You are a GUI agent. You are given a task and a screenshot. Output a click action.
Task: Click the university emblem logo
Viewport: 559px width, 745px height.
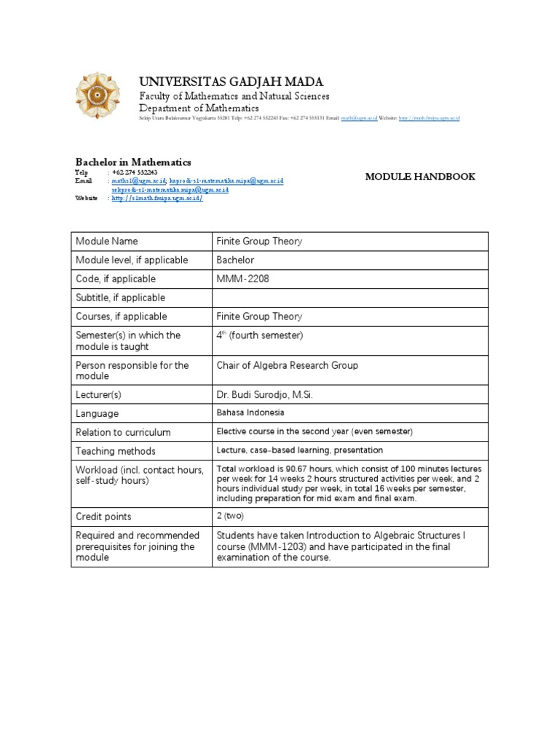click(100, 97)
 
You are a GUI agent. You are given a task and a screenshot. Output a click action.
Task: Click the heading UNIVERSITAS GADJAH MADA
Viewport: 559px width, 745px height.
click(231, 81)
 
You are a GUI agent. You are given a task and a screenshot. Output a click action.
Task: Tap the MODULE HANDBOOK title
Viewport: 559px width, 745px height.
click(420, 177)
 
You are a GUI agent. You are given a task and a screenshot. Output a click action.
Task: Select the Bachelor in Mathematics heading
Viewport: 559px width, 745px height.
click(133, 162)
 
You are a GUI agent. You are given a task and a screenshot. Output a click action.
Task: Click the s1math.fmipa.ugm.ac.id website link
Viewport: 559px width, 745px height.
click(156, 199)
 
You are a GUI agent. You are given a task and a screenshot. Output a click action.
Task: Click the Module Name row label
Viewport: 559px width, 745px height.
click(106, 242)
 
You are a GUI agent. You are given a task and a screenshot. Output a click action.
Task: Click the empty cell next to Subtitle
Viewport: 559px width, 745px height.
click(349, 298)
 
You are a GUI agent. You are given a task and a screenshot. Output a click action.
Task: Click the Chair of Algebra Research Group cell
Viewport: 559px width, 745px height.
click(287, 365)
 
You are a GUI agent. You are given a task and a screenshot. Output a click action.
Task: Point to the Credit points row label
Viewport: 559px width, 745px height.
click(103, 517)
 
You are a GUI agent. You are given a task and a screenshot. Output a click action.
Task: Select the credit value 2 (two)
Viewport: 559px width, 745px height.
click(231, 517)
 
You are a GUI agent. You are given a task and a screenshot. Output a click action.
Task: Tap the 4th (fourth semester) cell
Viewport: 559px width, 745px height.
click(259, 335)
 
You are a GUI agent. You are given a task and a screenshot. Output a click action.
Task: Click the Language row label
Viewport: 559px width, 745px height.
click(97, 413)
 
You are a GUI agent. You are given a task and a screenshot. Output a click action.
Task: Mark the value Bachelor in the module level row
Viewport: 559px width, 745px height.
click(235, 260)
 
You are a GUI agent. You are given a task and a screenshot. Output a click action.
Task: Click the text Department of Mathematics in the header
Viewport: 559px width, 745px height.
click(199, 108)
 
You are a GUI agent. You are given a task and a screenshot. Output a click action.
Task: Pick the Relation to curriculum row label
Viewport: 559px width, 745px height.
click(123, 432)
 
